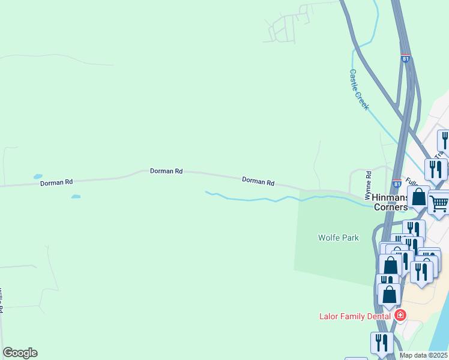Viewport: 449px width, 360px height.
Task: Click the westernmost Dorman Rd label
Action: click(x=56, y=182)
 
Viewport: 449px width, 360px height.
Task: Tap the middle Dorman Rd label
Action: click(x=166, y=172)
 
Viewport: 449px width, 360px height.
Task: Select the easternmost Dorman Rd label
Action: click(x=258, y=181)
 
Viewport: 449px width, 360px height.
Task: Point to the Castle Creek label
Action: click(x=359, y=89)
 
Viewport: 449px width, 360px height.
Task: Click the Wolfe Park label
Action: click(x=338, y=238)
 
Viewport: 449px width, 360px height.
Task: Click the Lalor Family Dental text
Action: click(x=357, y=316)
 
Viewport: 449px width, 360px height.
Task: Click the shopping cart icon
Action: click(x=439, y=203)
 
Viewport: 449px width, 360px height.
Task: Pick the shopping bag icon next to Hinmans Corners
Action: click(x=418, y=197)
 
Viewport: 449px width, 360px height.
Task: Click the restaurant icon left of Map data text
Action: click(x=382, y=343)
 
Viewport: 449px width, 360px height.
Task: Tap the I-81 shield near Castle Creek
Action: click(x=406, y=59)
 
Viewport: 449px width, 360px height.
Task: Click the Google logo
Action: click(x=20, y=353)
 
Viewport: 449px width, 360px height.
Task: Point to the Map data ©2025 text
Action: click(x=423, y=355)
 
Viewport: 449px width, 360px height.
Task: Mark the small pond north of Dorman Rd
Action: click(x=38, y=176)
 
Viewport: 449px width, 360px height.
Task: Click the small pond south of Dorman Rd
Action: click(x=76, y=196)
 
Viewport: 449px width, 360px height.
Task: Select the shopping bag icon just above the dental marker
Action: click(x=390, y=294)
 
